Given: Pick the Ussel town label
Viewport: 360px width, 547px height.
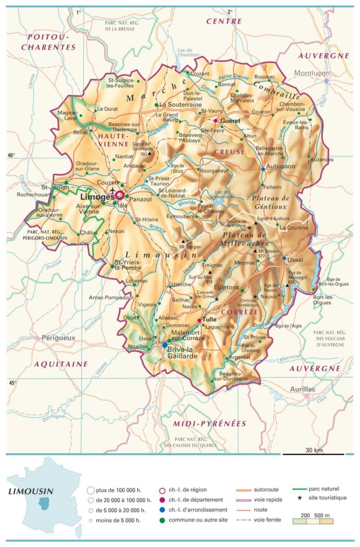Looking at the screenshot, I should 295,260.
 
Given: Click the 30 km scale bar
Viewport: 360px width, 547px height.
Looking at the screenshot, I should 313,454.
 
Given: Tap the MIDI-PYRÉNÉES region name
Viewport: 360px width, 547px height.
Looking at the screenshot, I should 209,424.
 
